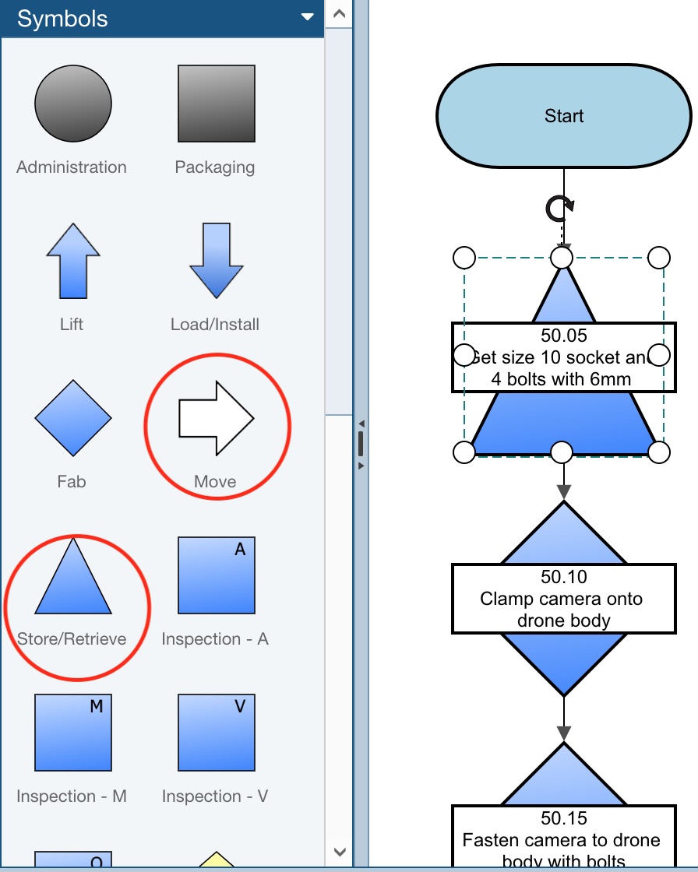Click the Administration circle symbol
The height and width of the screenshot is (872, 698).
click(x=73, y=104)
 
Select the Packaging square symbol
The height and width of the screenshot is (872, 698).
click(x=216, y=104)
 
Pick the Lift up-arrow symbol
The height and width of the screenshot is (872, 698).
click(x=73, y=260)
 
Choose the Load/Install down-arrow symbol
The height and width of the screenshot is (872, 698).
click(x=216, y=260)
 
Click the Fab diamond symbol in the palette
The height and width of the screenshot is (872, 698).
click(x=73, y=418)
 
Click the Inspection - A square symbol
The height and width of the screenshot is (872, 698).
click(x=216, y=575)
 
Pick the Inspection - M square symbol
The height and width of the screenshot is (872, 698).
click(x=73, y=733)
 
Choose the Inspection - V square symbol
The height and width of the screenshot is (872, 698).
click(x=216, y=733)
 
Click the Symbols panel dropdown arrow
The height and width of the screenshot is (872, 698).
click(x=308, y=18)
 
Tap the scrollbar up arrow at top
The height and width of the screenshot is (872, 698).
click(x=339, y=13)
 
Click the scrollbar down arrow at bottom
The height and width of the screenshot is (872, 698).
click(x=339, y=853)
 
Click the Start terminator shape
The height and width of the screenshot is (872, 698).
click(x=564, y=116)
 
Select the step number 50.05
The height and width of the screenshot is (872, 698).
click(x=564, y=336)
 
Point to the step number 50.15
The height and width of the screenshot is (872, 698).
click(x=564, y=818)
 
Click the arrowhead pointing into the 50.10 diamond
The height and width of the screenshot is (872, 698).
click(x=564, y=492)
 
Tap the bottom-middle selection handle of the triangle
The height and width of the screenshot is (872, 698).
click(x=562, y=452)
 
